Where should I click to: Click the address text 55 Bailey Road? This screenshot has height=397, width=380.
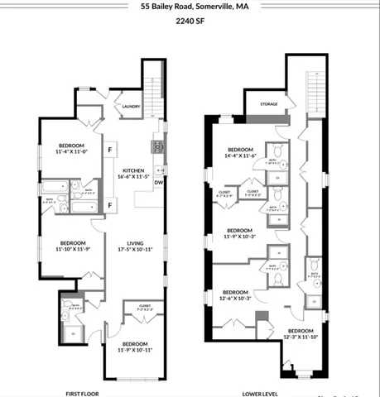coord(165,7)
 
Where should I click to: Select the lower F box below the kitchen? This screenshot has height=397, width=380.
coord(109,204)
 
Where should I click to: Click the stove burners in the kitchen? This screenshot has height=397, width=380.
coord(155,147)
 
